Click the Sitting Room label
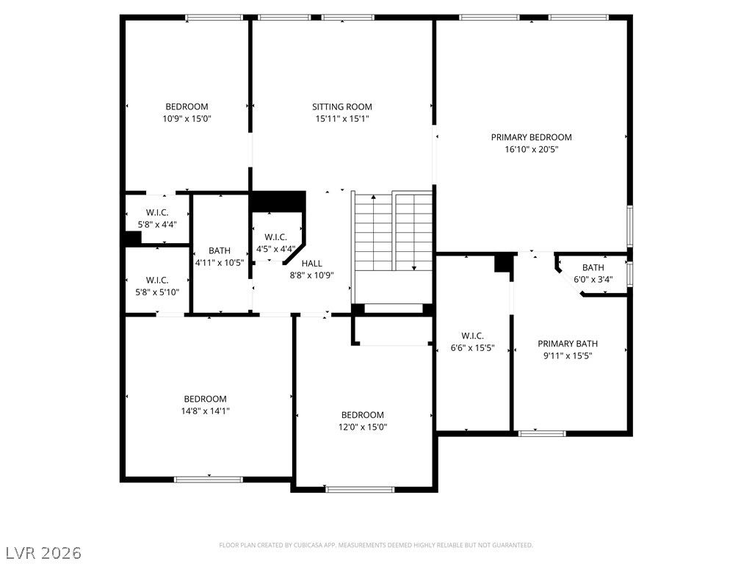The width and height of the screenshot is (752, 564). (342, 107)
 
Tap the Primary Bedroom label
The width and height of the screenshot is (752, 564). (532, 137)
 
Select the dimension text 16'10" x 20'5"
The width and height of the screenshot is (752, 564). (532, 149)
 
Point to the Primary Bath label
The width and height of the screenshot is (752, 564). (568, 344)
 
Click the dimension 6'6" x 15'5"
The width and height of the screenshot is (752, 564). (472, 347)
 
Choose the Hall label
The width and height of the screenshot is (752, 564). (311, 264)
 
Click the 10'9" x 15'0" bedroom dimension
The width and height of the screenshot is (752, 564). (187, 118)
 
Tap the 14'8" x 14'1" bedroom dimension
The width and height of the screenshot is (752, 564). (206, 411)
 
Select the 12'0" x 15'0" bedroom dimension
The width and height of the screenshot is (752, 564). (363, 427)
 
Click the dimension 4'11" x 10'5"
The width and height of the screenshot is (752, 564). (220, 263)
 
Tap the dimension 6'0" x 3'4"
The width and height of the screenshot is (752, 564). (593, 279)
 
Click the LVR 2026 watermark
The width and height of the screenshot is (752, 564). (41, 553)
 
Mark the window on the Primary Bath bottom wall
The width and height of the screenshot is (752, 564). (542, 433)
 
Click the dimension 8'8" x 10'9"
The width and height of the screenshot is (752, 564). (311, 275)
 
